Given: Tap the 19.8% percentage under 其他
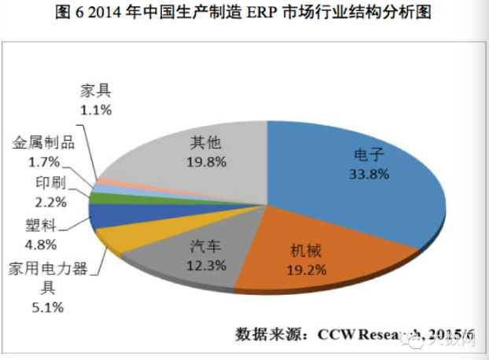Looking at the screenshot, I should pos(207,163).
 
